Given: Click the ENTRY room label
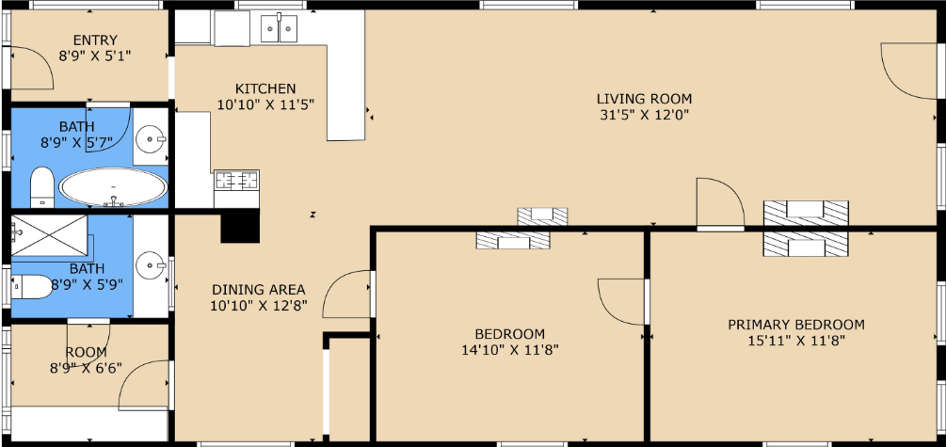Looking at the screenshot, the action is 95,40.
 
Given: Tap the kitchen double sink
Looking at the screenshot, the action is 279,29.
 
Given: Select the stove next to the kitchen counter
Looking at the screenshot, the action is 236,180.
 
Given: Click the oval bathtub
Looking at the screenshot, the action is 113,187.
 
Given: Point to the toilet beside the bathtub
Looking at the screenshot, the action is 41,186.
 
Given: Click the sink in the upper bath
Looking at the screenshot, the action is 151,140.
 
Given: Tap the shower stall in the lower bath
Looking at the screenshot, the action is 50,234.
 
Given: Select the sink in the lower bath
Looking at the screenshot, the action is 151,264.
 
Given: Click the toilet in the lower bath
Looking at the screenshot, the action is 32,286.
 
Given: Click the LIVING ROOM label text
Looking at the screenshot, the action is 644,98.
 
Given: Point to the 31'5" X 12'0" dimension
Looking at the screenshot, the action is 644,115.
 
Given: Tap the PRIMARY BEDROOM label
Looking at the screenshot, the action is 795,325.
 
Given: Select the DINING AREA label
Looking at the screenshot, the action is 258,290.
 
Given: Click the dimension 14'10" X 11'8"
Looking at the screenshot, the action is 510,349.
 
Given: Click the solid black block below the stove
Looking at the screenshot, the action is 240,226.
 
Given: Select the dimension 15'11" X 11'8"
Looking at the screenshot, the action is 796,341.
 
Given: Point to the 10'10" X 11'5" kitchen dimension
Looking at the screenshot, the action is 265,105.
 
